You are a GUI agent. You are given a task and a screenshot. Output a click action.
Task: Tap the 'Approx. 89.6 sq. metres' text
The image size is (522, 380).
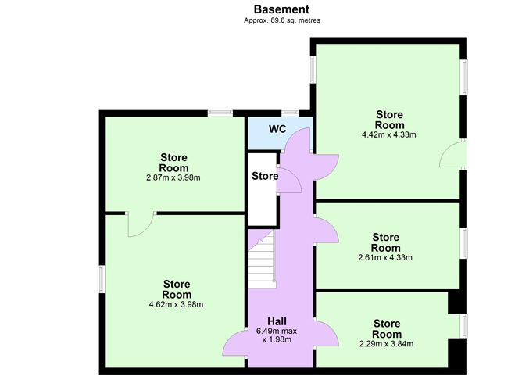[282, 20]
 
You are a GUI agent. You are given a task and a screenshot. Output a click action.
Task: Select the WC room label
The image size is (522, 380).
[277, 129]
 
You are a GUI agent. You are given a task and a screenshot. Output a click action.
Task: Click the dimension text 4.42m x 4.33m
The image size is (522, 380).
[389, 135]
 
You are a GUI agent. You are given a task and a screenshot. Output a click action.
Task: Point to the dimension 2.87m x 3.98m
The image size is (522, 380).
[173, 177]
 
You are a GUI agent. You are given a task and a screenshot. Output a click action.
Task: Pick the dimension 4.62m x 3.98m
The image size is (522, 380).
[176, 304]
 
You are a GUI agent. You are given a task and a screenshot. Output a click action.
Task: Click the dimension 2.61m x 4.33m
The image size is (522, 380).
[385, 257]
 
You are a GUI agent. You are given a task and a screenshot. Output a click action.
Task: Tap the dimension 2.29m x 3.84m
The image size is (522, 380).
[387, 344]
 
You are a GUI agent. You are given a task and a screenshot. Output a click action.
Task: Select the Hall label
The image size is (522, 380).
[277, 321]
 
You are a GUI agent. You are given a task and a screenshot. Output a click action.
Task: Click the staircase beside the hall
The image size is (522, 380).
[262, 259]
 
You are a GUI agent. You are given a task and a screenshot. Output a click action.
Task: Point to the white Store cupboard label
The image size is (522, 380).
[265, 176]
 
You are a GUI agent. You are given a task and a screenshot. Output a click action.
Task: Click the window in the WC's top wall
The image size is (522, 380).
[290, 113]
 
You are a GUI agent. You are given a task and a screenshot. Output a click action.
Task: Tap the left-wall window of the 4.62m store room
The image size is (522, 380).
[102, 279]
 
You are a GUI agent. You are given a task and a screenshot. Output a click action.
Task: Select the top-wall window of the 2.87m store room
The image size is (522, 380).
[220, 113]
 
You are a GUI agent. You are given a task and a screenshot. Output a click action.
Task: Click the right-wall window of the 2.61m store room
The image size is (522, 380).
[463, 243]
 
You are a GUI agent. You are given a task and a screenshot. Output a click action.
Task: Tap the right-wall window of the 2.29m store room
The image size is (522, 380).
[463, 326]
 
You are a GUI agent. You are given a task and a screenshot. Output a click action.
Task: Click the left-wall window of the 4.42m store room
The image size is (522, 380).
[313, 70]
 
